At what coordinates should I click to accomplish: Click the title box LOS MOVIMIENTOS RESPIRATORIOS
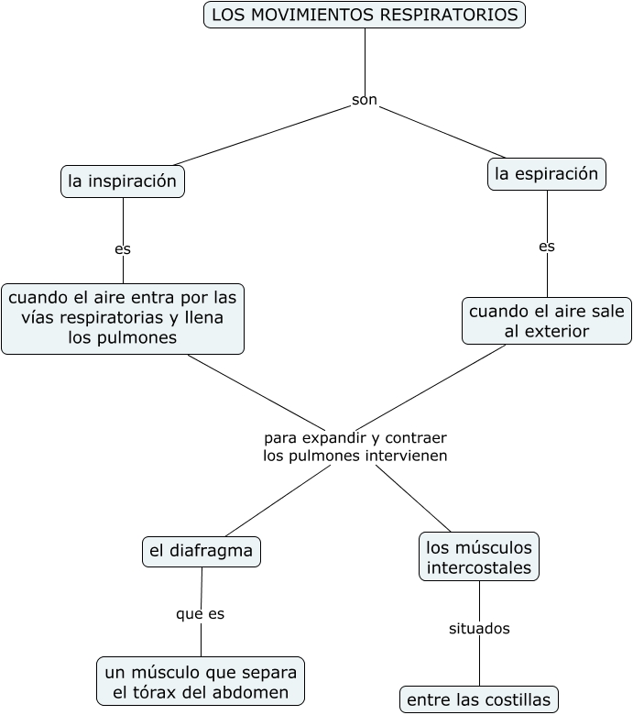365,15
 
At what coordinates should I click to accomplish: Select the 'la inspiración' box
123,181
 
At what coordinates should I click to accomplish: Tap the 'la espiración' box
547,174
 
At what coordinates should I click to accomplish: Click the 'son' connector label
365,100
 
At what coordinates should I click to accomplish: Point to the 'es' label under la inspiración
123,248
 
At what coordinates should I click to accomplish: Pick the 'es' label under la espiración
547,246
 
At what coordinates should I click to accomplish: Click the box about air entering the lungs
123,318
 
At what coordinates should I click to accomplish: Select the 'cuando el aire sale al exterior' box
547,321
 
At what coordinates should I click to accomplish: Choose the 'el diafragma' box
202,551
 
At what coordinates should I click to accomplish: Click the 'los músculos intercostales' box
479,556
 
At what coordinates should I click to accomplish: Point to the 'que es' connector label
201,613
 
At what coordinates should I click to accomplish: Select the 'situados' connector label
479,629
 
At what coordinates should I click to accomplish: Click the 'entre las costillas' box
479,699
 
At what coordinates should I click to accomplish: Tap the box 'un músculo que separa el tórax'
201,681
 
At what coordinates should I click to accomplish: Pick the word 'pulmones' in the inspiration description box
141,337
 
